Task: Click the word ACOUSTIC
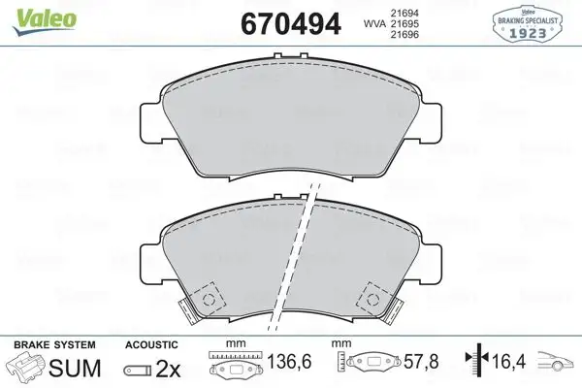click(x=151, y=343)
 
